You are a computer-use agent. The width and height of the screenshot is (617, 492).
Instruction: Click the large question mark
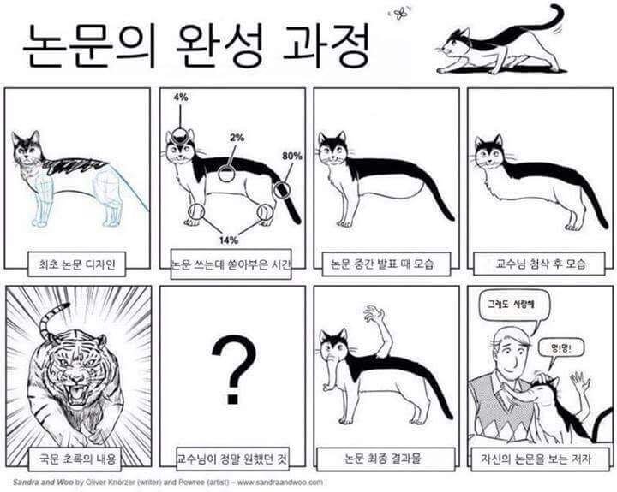tap(231, 370)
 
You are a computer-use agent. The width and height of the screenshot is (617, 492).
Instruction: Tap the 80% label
tap(292, 157)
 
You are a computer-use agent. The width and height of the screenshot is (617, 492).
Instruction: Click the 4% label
tap(180, 98)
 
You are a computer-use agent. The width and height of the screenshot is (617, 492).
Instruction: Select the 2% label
tap(237, 137)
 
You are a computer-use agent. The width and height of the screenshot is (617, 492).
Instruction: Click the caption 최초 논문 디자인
tap(77, 264)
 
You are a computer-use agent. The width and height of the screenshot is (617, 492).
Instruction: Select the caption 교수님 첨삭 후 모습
tap(540, 264)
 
